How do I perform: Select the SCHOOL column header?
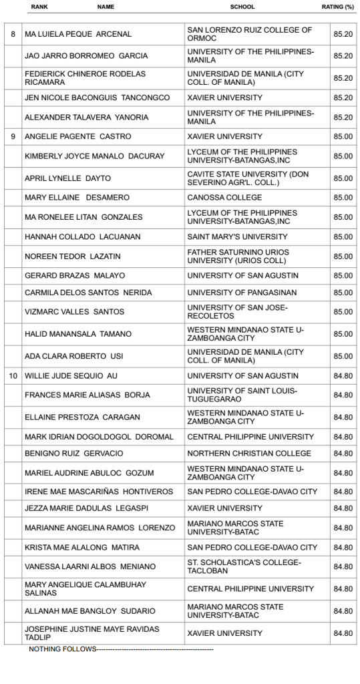(242, 7)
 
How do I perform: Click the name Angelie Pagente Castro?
(78, 136)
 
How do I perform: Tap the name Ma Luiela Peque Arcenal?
(78, 34)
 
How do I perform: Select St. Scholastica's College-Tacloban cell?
(244, 566)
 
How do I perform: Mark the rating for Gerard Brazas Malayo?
(343, 275)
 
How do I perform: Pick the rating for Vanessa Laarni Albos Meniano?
(343, 566)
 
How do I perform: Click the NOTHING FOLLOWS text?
(63, 649)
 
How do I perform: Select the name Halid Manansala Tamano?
(78, 334)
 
